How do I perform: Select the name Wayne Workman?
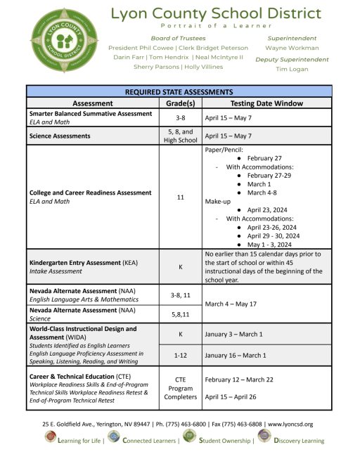click(291, 48)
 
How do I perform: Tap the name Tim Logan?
click(291, 70)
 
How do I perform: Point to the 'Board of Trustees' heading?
click(178, 38)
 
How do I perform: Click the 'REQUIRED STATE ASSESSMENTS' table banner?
click(179, 91)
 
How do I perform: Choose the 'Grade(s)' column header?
click(180, 103)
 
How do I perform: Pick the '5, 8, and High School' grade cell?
click(180, 135)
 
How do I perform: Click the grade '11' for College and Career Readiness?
click(180, 198)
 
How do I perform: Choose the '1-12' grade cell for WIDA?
click(180, 355)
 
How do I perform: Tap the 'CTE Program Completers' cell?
click(180, 388)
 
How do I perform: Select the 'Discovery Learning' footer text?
click(299, 441)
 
